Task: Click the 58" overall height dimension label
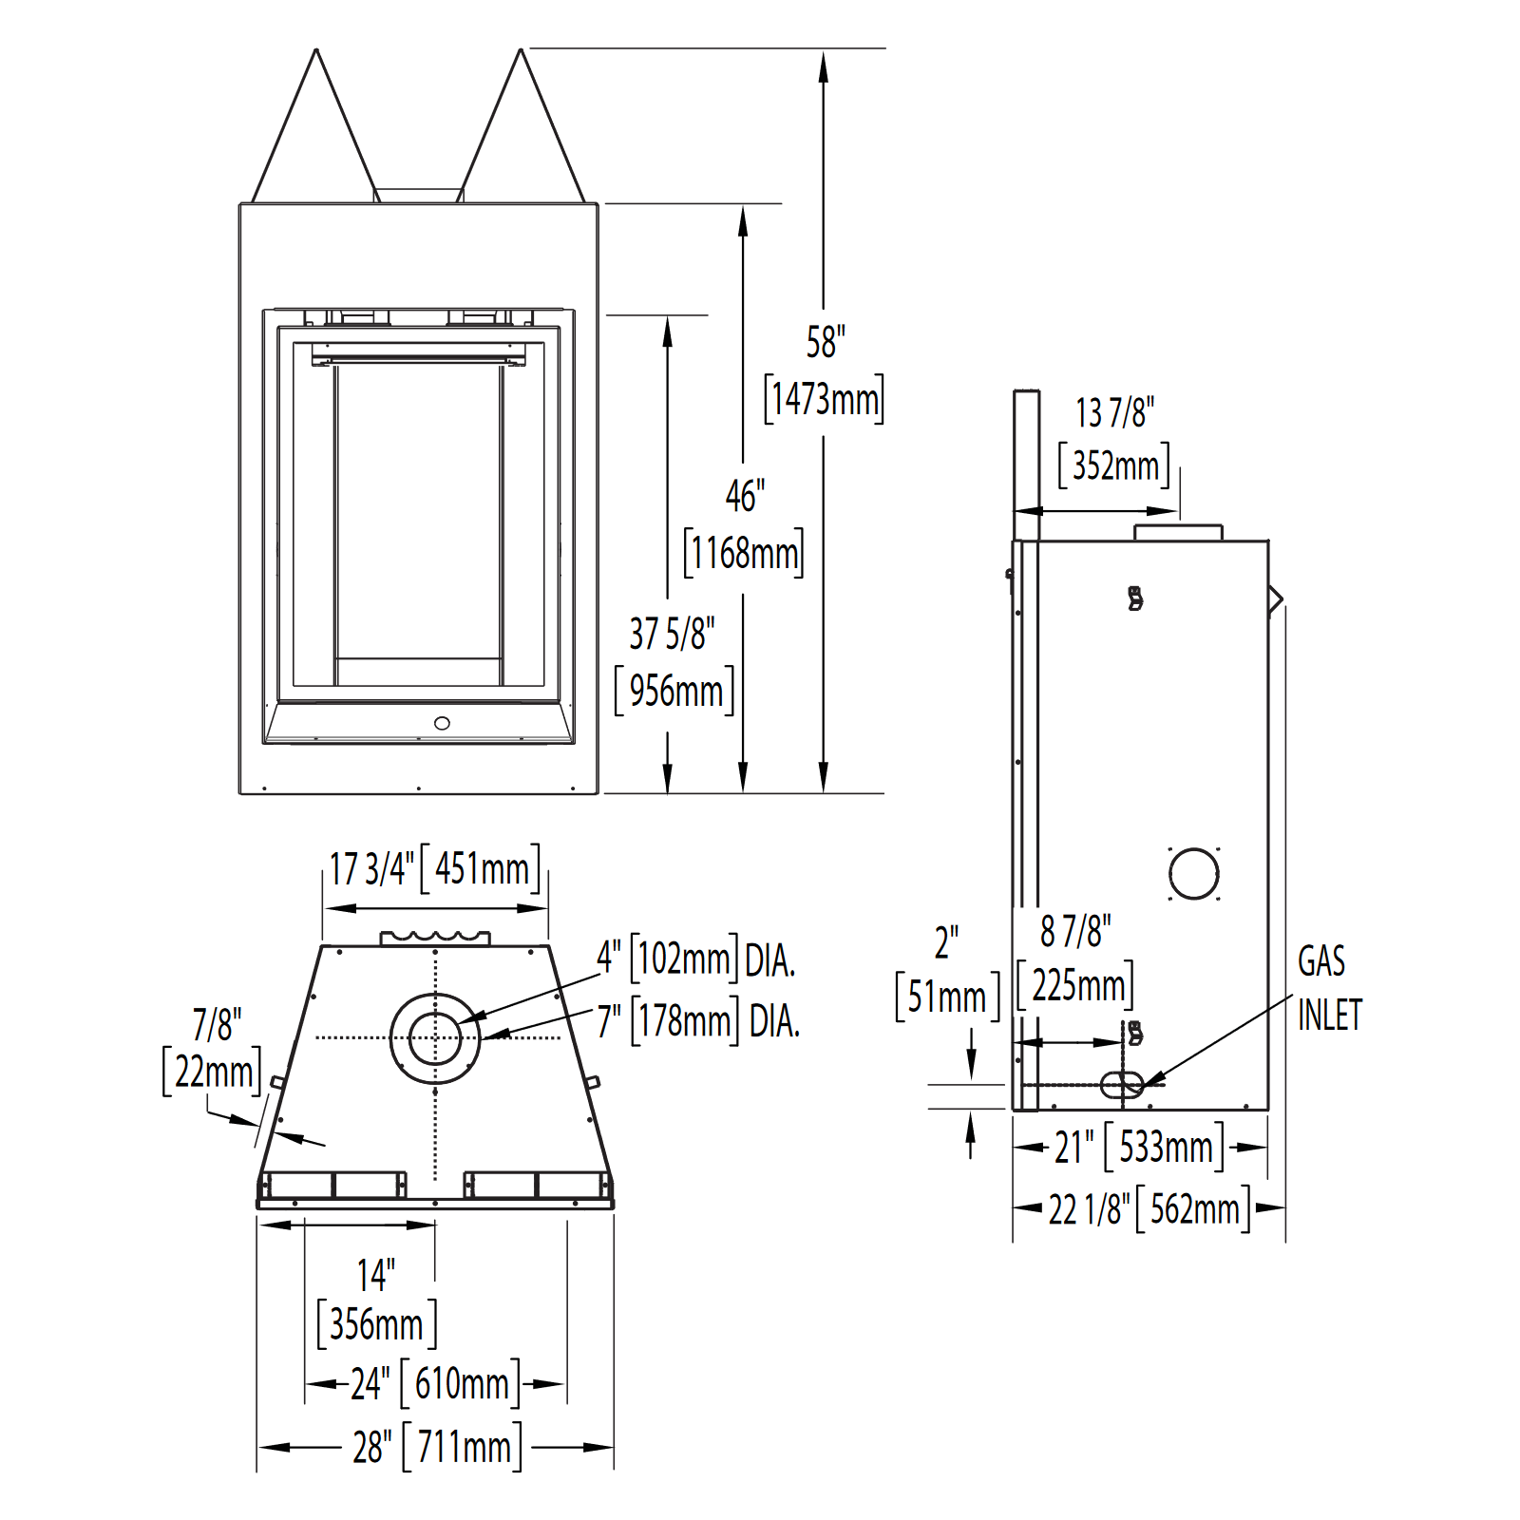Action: (825, 342)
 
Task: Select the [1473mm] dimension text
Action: (825, 399)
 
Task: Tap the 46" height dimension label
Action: (745, 496)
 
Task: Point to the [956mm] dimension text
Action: (675, 692)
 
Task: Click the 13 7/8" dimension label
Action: (1114, 413)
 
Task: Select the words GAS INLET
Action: (1328, 988)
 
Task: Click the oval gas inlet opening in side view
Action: (1122, 1084)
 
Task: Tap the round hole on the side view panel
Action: (1194, 873)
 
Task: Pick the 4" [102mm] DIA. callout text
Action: (695, 959)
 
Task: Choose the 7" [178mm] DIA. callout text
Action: (698, 1021)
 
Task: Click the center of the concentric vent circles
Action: (435, 1037)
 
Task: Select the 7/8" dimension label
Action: (217, 1025)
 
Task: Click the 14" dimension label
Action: (376, 1275)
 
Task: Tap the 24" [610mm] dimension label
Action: (435, 1383)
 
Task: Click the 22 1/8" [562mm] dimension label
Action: (1149, 1209)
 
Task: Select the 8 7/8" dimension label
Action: (1075, 932)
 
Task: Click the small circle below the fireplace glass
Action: (442, 724)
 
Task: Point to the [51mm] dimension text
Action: (947, 997)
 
